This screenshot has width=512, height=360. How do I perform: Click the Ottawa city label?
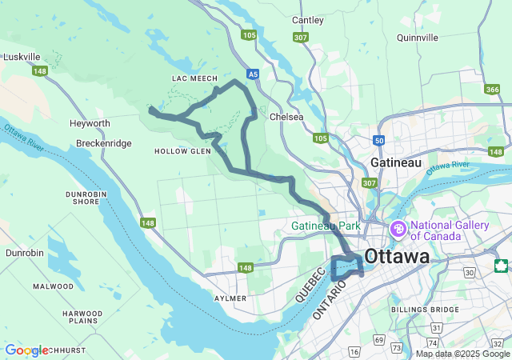[396, 257]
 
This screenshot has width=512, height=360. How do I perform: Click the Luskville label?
[22, 57]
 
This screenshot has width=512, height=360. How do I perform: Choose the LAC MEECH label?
[194, 78]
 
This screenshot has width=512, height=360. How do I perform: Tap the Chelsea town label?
[286, 117]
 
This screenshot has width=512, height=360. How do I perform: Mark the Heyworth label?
[90, 123]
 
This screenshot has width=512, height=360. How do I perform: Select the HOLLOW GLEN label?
[182, 150]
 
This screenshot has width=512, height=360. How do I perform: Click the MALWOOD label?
[75, 286]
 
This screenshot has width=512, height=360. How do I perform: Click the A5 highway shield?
[253, 74]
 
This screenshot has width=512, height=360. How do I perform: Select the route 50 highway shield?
[379, 140]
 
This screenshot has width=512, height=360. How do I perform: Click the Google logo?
[26, 350]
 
